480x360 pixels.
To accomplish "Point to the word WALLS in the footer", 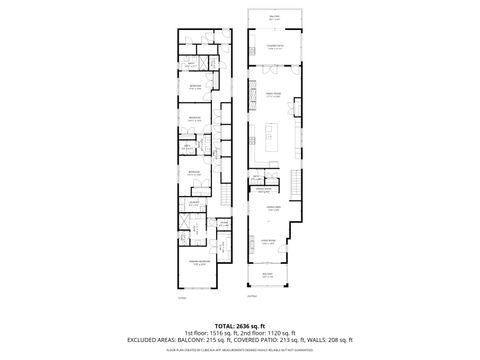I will (x=318, y=340).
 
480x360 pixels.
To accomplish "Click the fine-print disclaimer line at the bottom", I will (x=240, y=348).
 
